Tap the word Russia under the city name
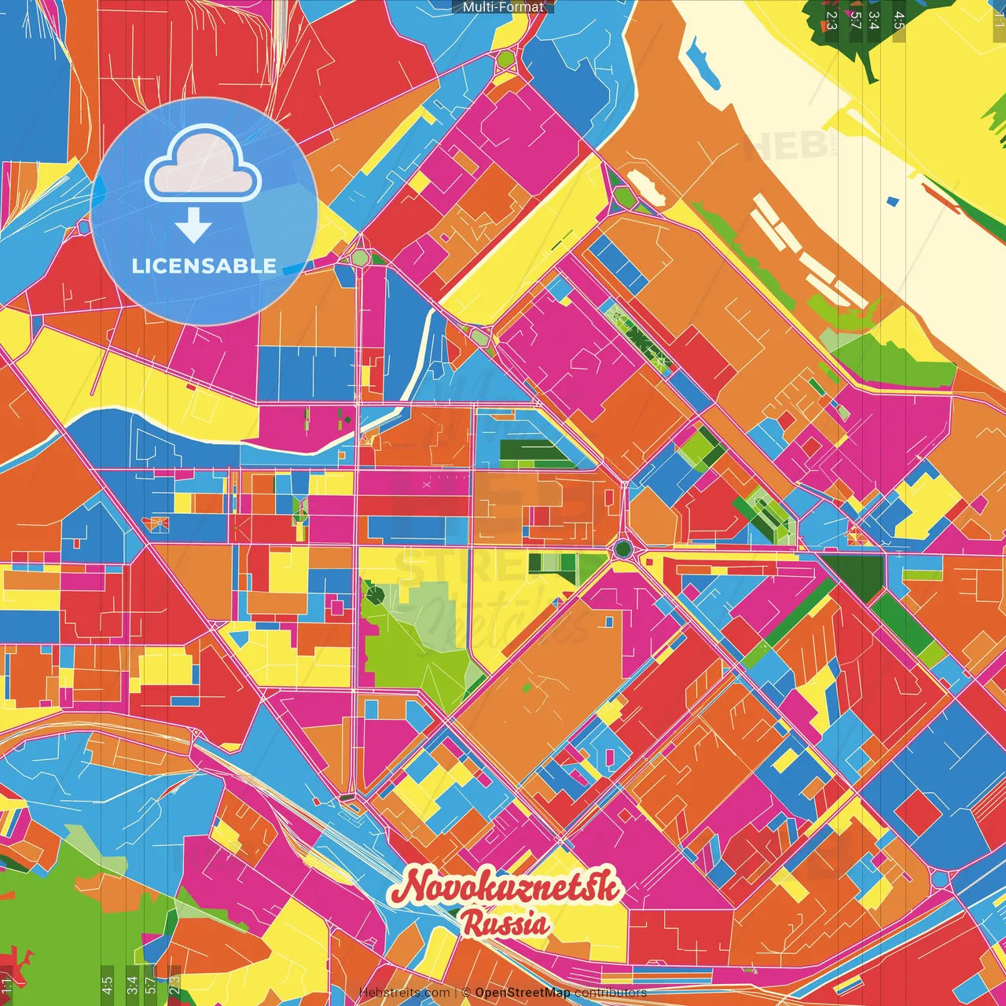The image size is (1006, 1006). [505, 923]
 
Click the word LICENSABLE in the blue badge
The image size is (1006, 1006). [204, 266]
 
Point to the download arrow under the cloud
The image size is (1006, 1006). [193, 226]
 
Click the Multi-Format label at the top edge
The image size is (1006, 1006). [503, 7]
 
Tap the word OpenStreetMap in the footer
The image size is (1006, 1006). [522, 993]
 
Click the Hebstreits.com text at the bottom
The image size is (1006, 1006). [404, 993]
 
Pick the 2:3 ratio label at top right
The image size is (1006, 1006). [830, 20]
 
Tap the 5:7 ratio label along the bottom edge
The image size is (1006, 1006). [151, 983]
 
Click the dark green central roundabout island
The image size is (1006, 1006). [623, 549]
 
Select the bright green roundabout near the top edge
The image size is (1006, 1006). [505, 58]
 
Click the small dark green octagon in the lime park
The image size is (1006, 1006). [375, 593]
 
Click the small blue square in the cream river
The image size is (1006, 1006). [891, 201]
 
